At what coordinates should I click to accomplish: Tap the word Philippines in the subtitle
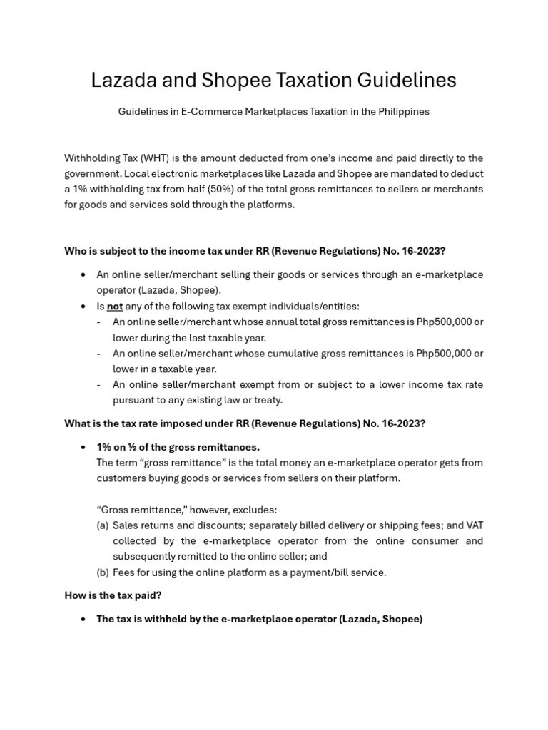403,112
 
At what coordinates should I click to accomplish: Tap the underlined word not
115,307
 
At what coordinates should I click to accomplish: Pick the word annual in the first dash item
306,322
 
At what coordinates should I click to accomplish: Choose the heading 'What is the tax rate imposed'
245,423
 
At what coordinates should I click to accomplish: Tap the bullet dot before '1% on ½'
84,447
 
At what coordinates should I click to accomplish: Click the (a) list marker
103,525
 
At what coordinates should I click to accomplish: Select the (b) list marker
103,572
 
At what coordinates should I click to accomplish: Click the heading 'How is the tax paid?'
113,595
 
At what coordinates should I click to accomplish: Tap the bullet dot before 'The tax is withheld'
84,620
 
